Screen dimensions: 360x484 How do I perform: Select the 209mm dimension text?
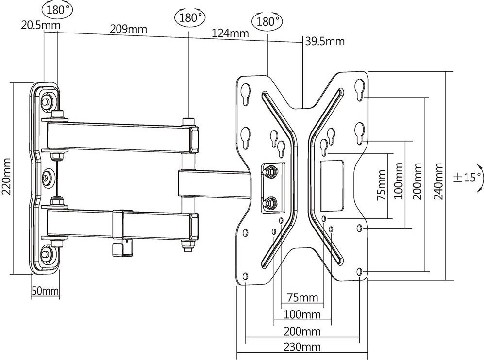pos(128,29)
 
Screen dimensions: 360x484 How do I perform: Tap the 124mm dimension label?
pos(230,33)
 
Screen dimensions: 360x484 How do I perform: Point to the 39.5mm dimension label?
pos(325,41)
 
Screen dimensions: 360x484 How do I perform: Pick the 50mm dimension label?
pos(45,291)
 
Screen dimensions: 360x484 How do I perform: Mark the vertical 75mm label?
pos(382,185)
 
